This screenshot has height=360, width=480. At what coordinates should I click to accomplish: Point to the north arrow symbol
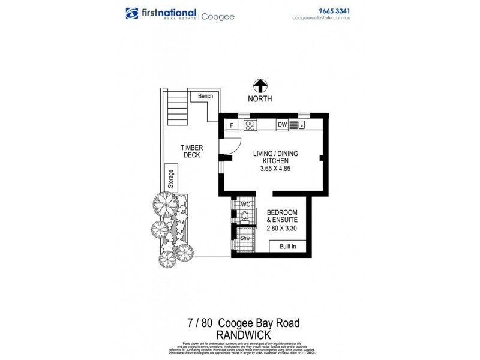(x=260, y=86)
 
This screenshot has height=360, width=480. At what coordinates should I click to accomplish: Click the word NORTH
(x=260, y=98)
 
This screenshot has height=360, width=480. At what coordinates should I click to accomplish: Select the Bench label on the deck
(x=206, y=96)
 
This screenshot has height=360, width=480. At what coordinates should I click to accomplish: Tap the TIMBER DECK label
(x=192, y=151)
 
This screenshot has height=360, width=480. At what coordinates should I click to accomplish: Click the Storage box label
(x=171, y=179)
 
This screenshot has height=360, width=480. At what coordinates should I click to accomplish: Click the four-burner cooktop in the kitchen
(x=250, y=125)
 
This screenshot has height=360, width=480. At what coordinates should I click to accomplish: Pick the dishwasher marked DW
(x=282, y=125)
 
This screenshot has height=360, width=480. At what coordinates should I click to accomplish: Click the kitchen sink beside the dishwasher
(x=298, y=125)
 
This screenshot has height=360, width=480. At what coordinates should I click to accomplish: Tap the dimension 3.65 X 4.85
(x=275, y=170)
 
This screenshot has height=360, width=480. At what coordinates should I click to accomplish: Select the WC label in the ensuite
(x=245, y=205)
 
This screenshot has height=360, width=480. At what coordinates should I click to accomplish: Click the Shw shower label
(x=245, y=238)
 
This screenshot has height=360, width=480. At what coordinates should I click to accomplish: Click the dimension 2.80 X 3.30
(x=282, y=228)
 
